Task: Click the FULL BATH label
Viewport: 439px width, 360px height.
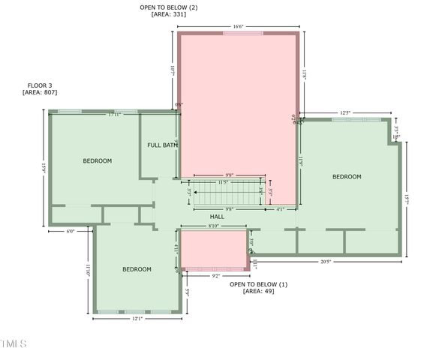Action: [162, 145]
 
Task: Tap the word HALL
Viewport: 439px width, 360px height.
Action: [217, 217]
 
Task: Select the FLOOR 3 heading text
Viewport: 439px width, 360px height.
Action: [40, 85]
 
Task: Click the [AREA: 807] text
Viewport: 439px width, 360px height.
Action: [40, 92]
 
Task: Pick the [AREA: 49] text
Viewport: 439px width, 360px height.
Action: [258, 291]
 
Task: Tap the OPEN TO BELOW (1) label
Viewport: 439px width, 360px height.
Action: [258, 284]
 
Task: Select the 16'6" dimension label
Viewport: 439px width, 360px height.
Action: [238, 27]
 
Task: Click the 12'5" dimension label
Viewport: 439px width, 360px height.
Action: [345, 113]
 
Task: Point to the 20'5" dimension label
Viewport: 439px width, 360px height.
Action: [326, 262]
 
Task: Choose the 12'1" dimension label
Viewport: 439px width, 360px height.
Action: [137, 319]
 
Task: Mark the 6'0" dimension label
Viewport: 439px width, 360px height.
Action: [71, 232]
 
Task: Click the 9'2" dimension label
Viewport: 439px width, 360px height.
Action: [216, 276]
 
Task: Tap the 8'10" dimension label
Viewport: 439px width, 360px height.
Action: [214, 226]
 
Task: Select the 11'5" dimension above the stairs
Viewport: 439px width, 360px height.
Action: [224, 182]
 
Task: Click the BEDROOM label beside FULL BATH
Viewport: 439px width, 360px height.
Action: [98, 161]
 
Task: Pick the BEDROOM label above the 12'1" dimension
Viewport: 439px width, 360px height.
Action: [137, 269]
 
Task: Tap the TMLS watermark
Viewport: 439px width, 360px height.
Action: [14, 344]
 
